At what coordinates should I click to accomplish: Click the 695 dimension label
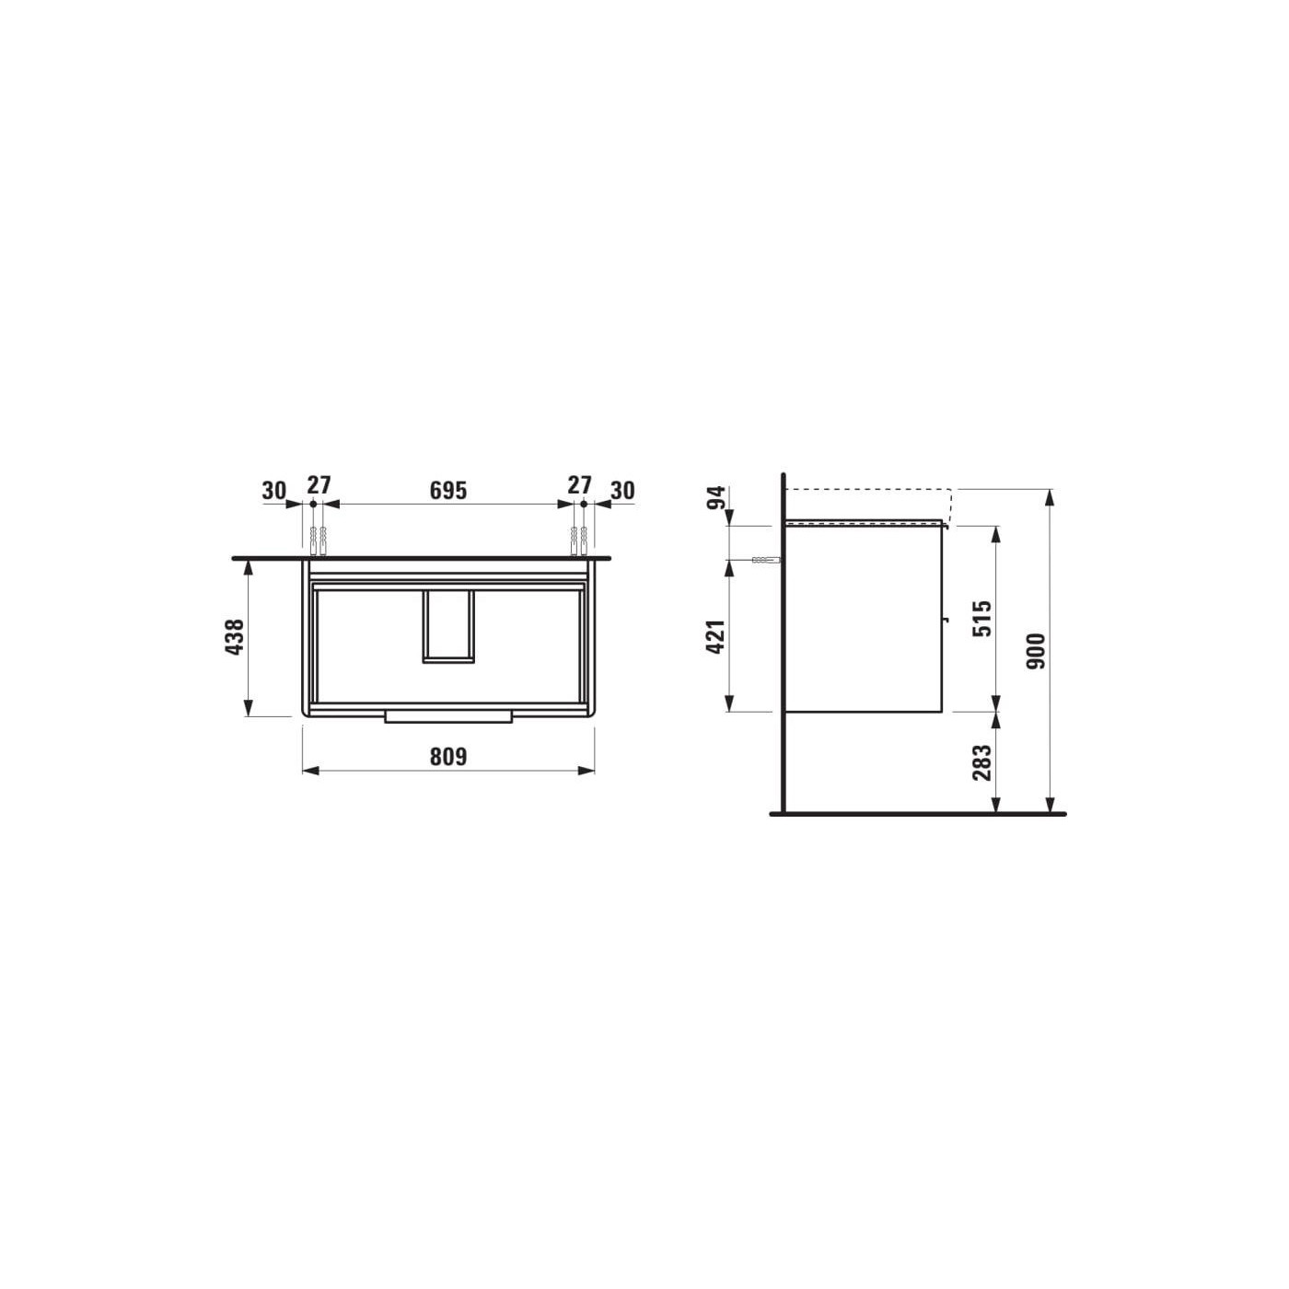pos(448,490)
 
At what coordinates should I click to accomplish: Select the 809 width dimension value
pos(448,756)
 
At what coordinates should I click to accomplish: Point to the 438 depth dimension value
pos(235,637)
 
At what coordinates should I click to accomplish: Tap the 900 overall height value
pos(1037,651)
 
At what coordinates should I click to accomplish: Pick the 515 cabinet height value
pos(982,619)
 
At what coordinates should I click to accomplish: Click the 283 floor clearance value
pos(982,763)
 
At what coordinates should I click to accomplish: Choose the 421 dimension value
pos(716,636)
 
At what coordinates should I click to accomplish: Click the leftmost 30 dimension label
pos(273,490)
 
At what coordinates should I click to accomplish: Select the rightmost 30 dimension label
pos(622,490)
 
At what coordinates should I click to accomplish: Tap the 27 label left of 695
pos(319,484)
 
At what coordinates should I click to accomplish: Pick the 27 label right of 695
pos(579,484)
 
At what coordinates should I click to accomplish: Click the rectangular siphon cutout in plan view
pos(448,626)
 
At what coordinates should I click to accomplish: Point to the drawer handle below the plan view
pos(448,716)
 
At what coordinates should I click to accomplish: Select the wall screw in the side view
pos(764,560)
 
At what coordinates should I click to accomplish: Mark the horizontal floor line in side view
pos(917,814)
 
